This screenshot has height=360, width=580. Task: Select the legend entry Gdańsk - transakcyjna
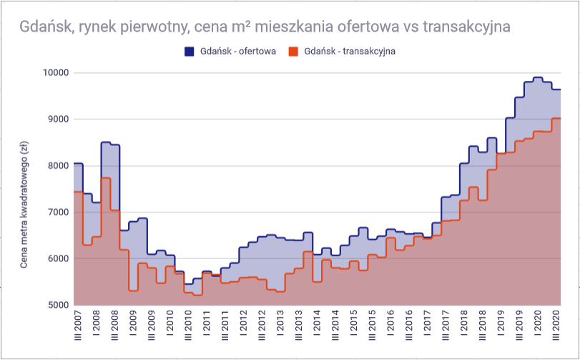[x=342, y=52]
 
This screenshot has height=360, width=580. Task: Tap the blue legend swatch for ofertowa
[x=190, y=52]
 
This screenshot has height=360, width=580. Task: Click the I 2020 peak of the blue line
[x=538, y=78]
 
